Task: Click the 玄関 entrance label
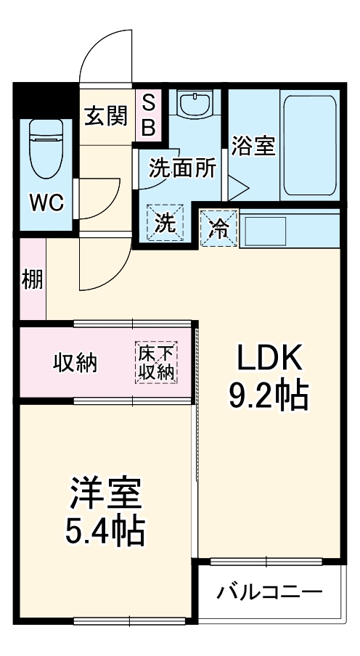pos(107,116)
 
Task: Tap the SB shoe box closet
pos(147,115)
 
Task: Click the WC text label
pos(45,202)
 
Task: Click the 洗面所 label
pos(182,168)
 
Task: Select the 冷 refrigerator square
pos(218,227)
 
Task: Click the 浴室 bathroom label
pos(253,145)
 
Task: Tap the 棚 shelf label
pos(32,279)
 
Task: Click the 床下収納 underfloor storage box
pos(156,362)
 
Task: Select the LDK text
pos(268,358)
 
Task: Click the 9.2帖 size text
pos(268,395)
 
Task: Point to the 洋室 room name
pos(105,496)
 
